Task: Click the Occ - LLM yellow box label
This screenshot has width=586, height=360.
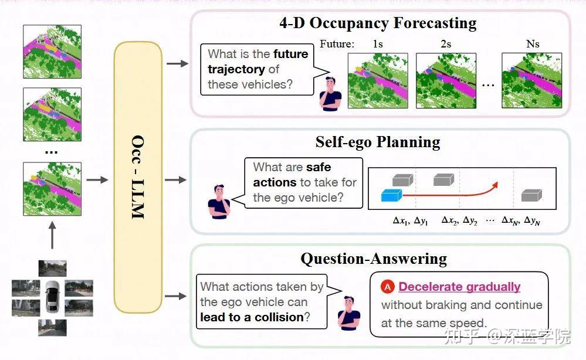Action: [138, 178]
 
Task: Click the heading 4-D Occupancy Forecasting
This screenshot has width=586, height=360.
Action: [378, 23]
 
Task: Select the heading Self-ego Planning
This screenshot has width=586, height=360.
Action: [377, 142]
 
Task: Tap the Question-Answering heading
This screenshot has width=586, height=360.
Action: [374, 259]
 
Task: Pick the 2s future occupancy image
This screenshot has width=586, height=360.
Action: [445, 80]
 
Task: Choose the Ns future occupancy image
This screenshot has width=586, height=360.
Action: [531, 80]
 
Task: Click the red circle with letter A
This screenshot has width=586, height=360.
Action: [387, 287]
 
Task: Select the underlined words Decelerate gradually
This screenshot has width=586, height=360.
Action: [459, 287]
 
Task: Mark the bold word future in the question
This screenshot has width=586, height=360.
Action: [290, 54]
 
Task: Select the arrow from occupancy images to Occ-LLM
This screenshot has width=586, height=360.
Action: [97, 179]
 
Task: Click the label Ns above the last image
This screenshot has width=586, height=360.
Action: [532, 44]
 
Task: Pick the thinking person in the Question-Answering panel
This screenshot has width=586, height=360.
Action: [348, 312]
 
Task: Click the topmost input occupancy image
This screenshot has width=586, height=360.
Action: [52, 51]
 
